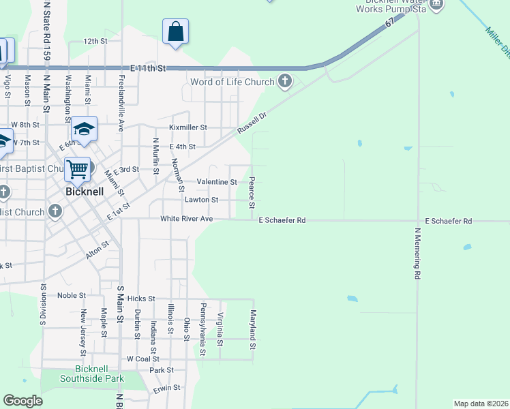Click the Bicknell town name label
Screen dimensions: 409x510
[x=85, y=192]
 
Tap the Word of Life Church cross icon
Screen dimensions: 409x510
[x=285, y=82]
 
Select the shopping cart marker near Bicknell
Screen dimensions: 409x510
[x=78, y=169]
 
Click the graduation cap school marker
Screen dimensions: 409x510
[x=84, y=129]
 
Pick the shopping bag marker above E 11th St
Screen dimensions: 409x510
[x=175, y=31]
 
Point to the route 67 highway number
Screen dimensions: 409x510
[x=389, y=23]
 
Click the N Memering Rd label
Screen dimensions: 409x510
[x=417, y=254]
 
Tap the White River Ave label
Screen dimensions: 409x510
[x=187, y=219]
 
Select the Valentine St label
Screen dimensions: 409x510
[x=217, y=182]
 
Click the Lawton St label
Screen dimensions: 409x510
[x=201, y=200]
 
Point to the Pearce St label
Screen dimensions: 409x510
[x=252, y=194]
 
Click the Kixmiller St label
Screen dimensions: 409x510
[x=187, y=127]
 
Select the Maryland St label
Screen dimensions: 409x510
[x=253, y=330]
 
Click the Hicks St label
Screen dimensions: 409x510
[x=141, y=299]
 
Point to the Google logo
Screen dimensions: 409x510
[x=23, y=401]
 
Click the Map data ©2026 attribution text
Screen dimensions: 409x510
[x=481, y=404]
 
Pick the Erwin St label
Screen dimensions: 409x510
[x=166, y=387]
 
